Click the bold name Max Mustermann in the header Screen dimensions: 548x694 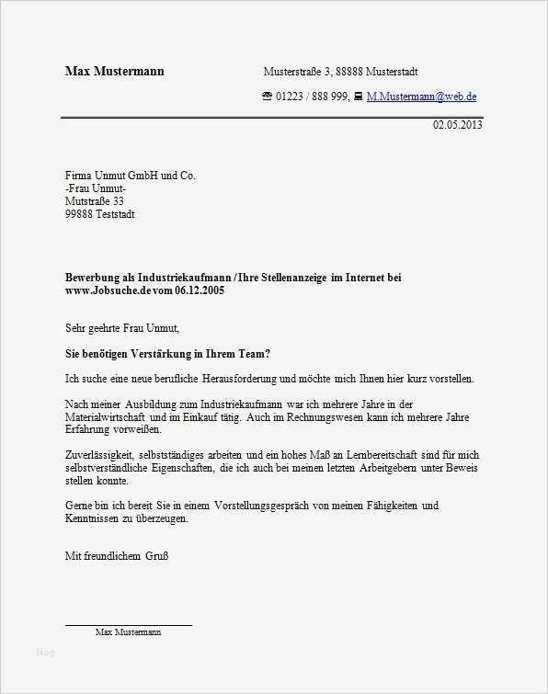tap(114, 71)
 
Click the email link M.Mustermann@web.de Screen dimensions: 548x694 tap(421, 96)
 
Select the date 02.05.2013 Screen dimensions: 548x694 tap(457, 125)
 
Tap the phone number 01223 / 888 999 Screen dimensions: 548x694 tap(312, 96)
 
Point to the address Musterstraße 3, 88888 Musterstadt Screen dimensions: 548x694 tap(341, 71)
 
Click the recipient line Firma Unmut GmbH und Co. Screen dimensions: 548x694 tap(130, 176)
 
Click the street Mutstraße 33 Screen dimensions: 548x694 tap(94, 201)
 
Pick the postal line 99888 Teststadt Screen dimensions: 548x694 tap(99, 214)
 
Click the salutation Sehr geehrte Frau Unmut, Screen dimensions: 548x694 tap(121, 327)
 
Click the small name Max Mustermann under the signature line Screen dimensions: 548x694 tap(129, 632)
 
